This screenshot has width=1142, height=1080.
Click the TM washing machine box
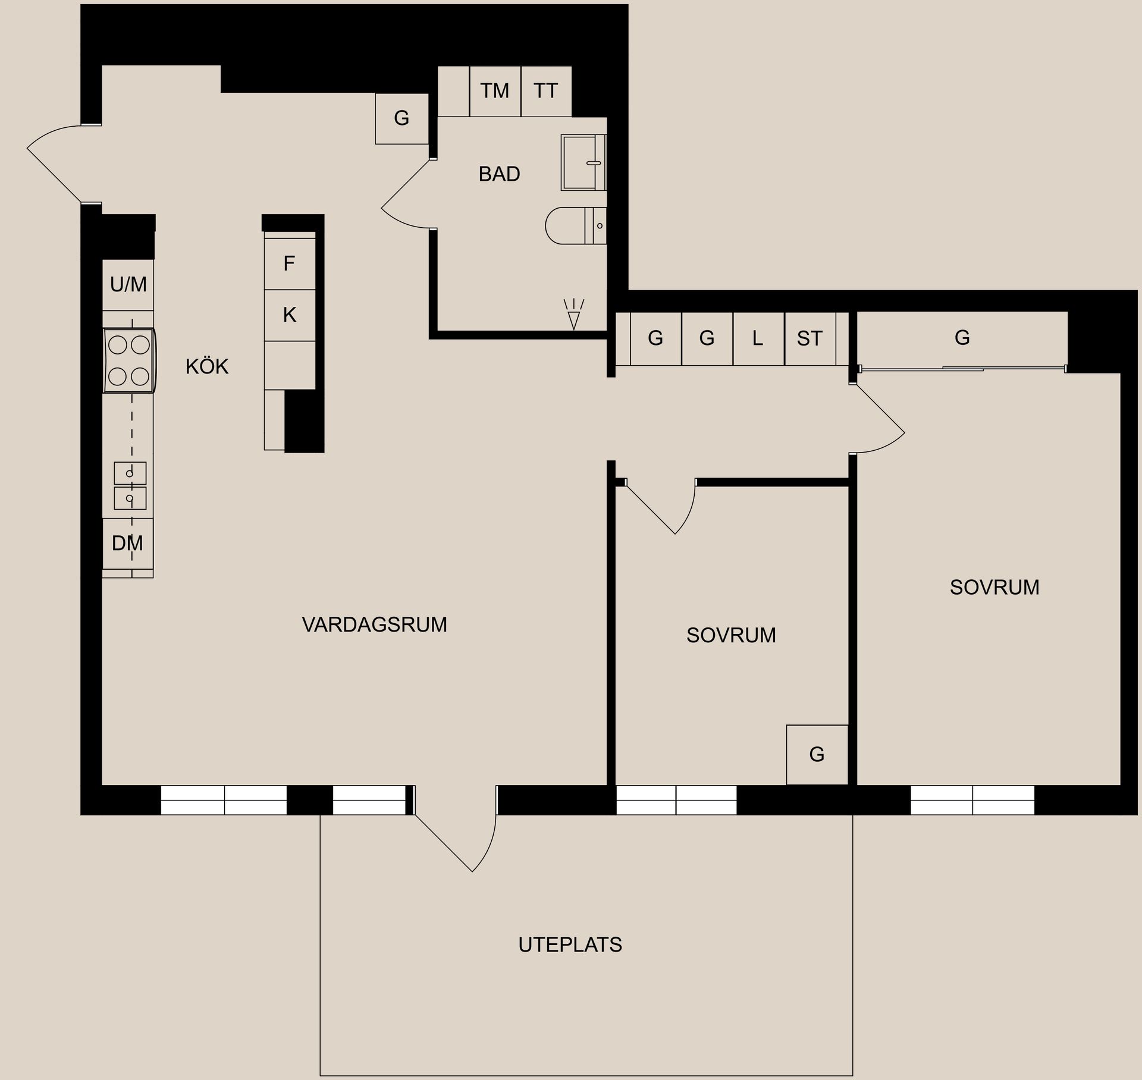pos(495,91)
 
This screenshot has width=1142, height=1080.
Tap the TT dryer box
pos(545,91)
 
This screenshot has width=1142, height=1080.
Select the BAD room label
pos(499,174)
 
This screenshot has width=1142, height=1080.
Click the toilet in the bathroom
pos(574,226)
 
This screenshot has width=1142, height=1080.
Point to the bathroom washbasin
pos(582,162)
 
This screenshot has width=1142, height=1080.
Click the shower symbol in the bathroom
pos(573,315)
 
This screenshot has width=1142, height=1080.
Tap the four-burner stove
pos(129,360)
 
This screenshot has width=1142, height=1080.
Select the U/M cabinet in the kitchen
pos(128,285)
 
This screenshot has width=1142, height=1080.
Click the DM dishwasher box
pos(127,543)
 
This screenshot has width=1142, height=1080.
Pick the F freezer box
pos(289,263)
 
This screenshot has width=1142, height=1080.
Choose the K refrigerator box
pos(289,315)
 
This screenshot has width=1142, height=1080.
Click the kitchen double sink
pos(130,485)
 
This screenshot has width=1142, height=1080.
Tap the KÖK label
pos(207,367)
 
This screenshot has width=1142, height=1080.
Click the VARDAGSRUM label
pos(374,624)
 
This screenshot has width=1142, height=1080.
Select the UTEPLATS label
pos(570,944)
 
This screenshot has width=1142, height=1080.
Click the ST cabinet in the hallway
pos(810,338)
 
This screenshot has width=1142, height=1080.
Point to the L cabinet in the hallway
pos(758,338)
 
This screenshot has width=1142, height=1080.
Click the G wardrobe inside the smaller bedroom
pos(817,755)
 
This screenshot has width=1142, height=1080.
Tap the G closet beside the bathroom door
pos(401,118)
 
